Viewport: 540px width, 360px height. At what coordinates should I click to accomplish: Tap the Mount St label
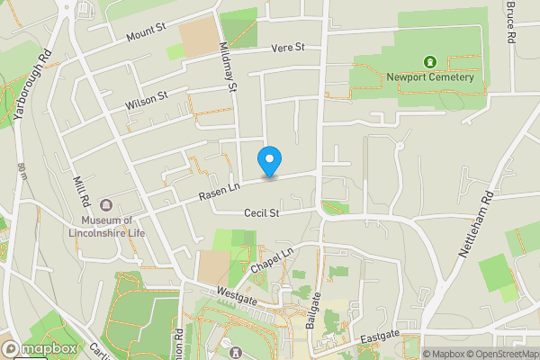point(147,33)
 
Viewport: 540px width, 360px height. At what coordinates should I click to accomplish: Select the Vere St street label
point(288,47)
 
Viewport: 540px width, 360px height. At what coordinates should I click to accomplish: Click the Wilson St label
point(147,101)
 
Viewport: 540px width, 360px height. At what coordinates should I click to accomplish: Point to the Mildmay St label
point(226,68)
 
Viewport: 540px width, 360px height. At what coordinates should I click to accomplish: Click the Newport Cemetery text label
point(430,77)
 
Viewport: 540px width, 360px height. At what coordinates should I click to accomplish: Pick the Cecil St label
point(262,213)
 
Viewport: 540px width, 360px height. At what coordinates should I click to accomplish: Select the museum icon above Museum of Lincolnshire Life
point(106,206)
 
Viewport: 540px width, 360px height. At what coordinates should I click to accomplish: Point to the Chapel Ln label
point(273,262)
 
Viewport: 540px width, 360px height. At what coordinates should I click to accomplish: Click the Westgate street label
point(237,292)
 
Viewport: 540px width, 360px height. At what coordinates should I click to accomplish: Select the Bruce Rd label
point(511,22)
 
